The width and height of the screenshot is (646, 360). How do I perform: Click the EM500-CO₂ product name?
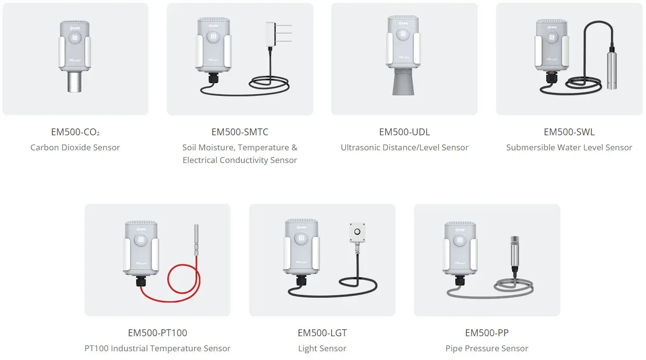[x=75, y=132]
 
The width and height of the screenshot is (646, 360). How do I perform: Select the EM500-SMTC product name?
[x=240, y=132]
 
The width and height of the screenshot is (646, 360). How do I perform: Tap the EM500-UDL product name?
[x=404, y=132]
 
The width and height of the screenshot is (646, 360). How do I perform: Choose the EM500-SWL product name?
[x=569, y=132]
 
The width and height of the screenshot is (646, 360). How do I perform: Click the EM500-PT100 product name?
[x=158, y=333]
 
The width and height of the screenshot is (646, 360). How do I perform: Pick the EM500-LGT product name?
[x=322, y=333]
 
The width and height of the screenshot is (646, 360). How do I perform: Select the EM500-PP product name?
[x=487, y=333]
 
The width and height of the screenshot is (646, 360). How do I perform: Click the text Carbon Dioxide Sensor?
[x=75, y=147]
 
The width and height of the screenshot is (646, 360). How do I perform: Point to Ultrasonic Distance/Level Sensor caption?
[x=404, y=147]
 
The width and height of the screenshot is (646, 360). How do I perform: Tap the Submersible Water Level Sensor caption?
[x=569, y=147]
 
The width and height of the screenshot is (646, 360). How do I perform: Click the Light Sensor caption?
[x=322, y=348]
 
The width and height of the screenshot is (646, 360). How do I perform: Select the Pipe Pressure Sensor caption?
[x=487, y=348]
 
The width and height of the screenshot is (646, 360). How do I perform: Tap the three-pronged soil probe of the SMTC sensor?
[x=279, y=34]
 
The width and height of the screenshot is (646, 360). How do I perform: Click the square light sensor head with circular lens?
[x=358, y=232]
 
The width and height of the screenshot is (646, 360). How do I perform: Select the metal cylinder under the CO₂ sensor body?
[x=74, y=82]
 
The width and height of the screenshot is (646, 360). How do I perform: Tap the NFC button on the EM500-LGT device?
[x=301, y=238]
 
